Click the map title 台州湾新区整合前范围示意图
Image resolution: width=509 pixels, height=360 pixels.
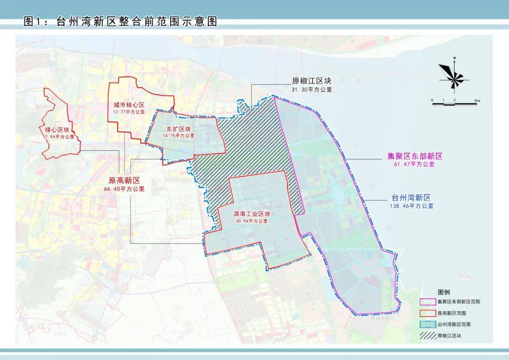121,22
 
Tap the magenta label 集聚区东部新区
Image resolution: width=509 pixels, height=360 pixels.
415,156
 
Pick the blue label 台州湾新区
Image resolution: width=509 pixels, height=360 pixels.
411,198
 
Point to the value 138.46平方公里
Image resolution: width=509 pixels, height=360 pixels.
411,206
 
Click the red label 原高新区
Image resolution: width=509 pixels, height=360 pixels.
125,180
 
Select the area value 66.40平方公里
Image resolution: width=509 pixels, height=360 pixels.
126,188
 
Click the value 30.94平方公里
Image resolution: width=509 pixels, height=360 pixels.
252,221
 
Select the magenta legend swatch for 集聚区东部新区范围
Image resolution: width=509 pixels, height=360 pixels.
427,302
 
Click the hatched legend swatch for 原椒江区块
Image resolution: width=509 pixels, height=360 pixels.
427,335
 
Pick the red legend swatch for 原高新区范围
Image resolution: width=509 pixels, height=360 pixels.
427,313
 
